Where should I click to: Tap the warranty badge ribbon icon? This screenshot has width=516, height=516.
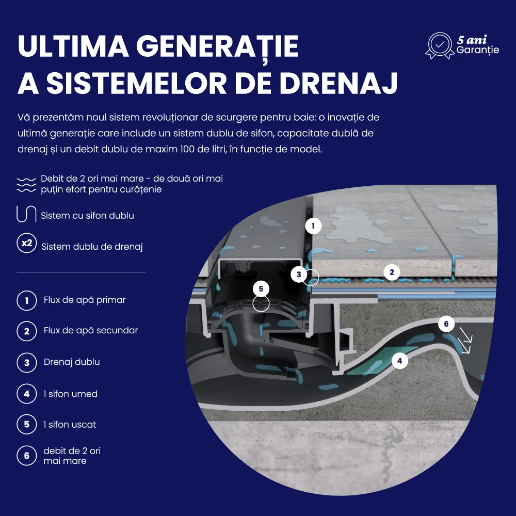[x=440, y=46]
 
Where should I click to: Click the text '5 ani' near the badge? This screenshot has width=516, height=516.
[x=472, y=40]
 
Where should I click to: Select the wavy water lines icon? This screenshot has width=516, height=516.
[x=26, y=185]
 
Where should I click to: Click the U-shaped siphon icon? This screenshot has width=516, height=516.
[x=26, y=214]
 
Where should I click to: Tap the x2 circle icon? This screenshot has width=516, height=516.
[x=27, y=243]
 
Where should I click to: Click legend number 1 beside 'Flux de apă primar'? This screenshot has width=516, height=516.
[x=27, y=300]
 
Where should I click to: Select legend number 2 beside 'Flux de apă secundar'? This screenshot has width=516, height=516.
[x=27, y=331]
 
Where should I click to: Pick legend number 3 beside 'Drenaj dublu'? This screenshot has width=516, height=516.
[x=27, y=362]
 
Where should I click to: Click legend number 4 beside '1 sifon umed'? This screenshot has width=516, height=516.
[x=27, y=394]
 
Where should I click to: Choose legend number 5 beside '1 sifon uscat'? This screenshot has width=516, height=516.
[x=27, y=424]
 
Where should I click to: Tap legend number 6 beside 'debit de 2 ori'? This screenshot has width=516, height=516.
[x=27, y=456]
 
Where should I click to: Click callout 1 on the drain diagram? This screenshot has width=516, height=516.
[x=313, y=226]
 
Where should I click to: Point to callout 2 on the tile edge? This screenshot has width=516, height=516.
[x=392, y=272]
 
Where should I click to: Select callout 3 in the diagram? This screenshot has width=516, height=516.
[x=299, y=274]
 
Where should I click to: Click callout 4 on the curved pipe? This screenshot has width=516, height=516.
[x=400, y=361]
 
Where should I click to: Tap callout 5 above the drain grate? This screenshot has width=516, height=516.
[x=261, y=288]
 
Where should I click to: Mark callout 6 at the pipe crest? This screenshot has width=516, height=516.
[x=446, y=324]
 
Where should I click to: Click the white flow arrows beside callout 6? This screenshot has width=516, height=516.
[x=466, y=341]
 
